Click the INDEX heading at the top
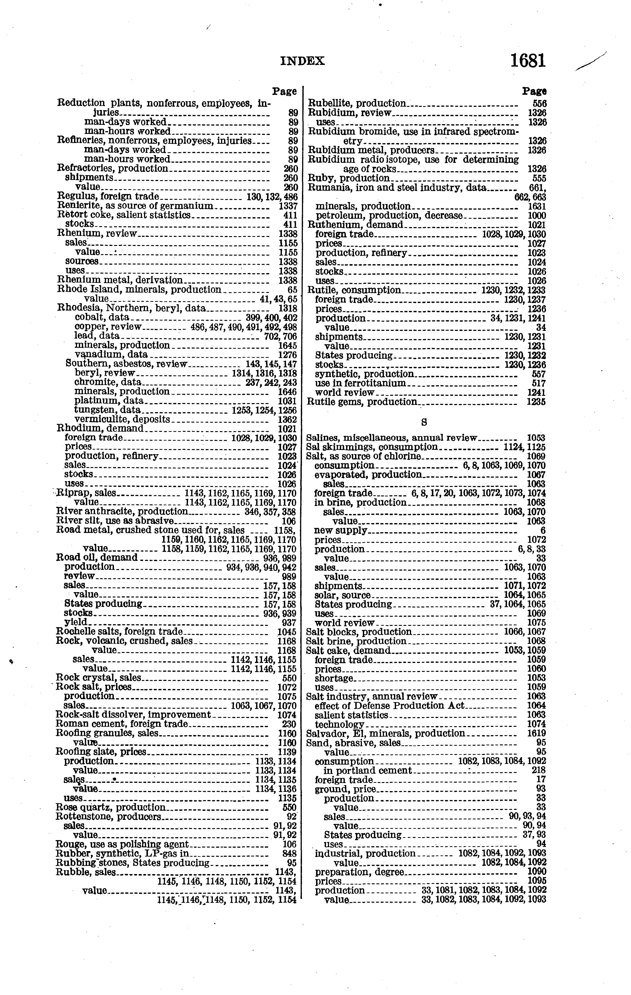point(302,61)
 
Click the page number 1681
point(528,61)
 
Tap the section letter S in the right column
point(424,422)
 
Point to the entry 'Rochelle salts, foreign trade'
point(119,632)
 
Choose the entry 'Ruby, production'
point(349,178)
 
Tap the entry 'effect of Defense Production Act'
point(390,705)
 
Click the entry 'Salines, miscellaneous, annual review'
point(392,438)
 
